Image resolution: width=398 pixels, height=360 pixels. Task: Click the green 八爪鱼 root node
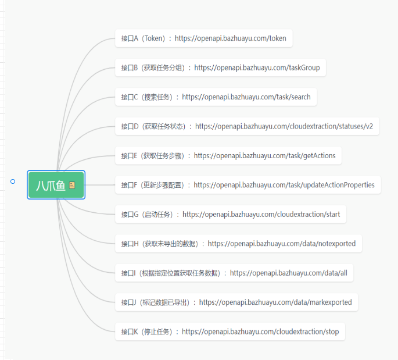click(56, 185)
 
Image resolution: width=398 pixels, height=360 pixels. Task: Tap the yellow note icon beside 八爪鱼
click(72, 185)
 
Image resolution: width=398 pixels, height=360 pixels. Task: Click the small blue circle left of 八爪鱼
click(13, 181)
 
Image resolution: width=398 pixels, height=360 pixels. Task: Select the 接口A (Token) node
click(204, 38)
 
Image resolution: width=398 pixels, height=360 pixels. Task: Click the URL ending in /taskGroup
click(257, 68)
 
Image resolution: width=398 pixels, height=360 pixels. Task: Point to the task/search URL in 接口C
click(246, 97)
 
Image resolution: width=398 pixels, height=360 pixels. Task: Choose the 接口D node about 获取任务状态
click(248, 126)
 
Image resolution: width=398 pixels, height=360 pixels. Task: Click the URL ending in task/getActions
click(264, 156)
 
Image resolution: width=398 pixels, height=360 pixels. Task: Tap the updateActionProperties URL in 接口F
click(284, 185)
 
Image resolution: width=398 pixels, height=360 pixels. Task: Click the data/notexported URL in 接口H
click(281, 244)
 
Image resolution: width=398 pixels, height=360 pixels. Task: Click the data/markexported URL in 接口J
click(275, 302)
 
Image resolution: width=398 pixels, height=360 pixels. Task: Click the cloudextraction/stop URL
click(260, 332)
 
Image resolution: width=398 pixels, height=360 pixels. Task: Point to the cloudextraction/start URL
click(261, 215)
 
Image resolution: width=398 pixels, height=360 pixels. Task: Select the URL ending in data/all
click(289, 273)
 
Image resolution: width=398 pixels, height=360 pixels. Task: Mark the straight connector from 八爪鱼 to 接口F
click(100, 185)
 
